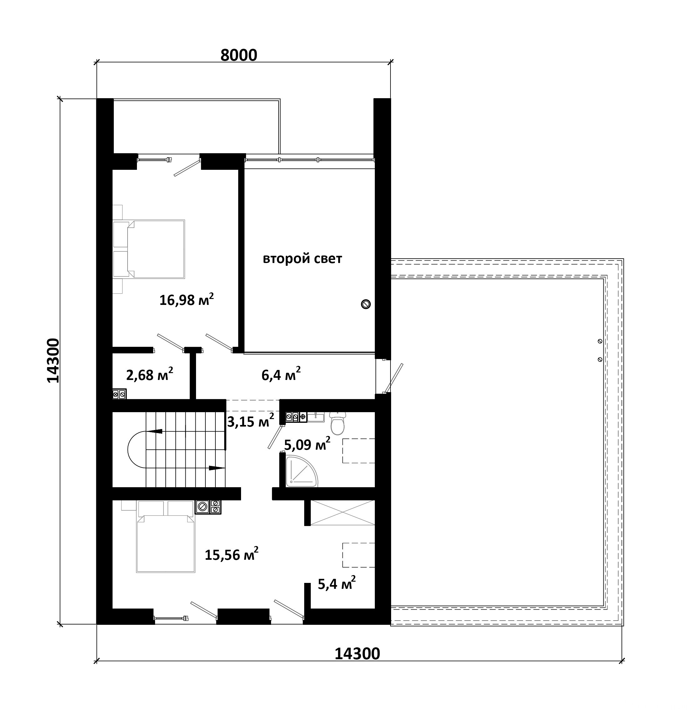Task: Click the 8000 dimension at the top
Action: point(239,55)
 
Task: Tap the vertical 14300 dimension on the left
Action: point(53,361)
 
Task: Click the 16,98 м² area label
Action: point(186,299)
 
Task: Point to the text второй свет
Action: point(303,259)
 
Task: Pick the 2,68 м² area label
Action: point(149,374)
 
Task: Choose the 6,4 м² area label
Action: point(281,374)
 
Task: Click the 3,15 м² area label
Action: point(250,421)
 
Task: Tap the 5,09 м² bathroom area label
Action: point(307,444)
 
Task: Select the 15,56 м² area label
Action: point(231,554)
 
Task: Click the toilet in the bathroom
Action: point(337,423)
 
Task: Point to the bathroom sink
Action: point(316,417)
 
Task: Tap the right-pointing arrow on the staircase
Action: point(217,468)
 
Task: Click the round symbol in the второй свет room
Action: point(365,304)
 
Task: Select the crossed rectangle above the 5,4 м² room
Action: point(342,513)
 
